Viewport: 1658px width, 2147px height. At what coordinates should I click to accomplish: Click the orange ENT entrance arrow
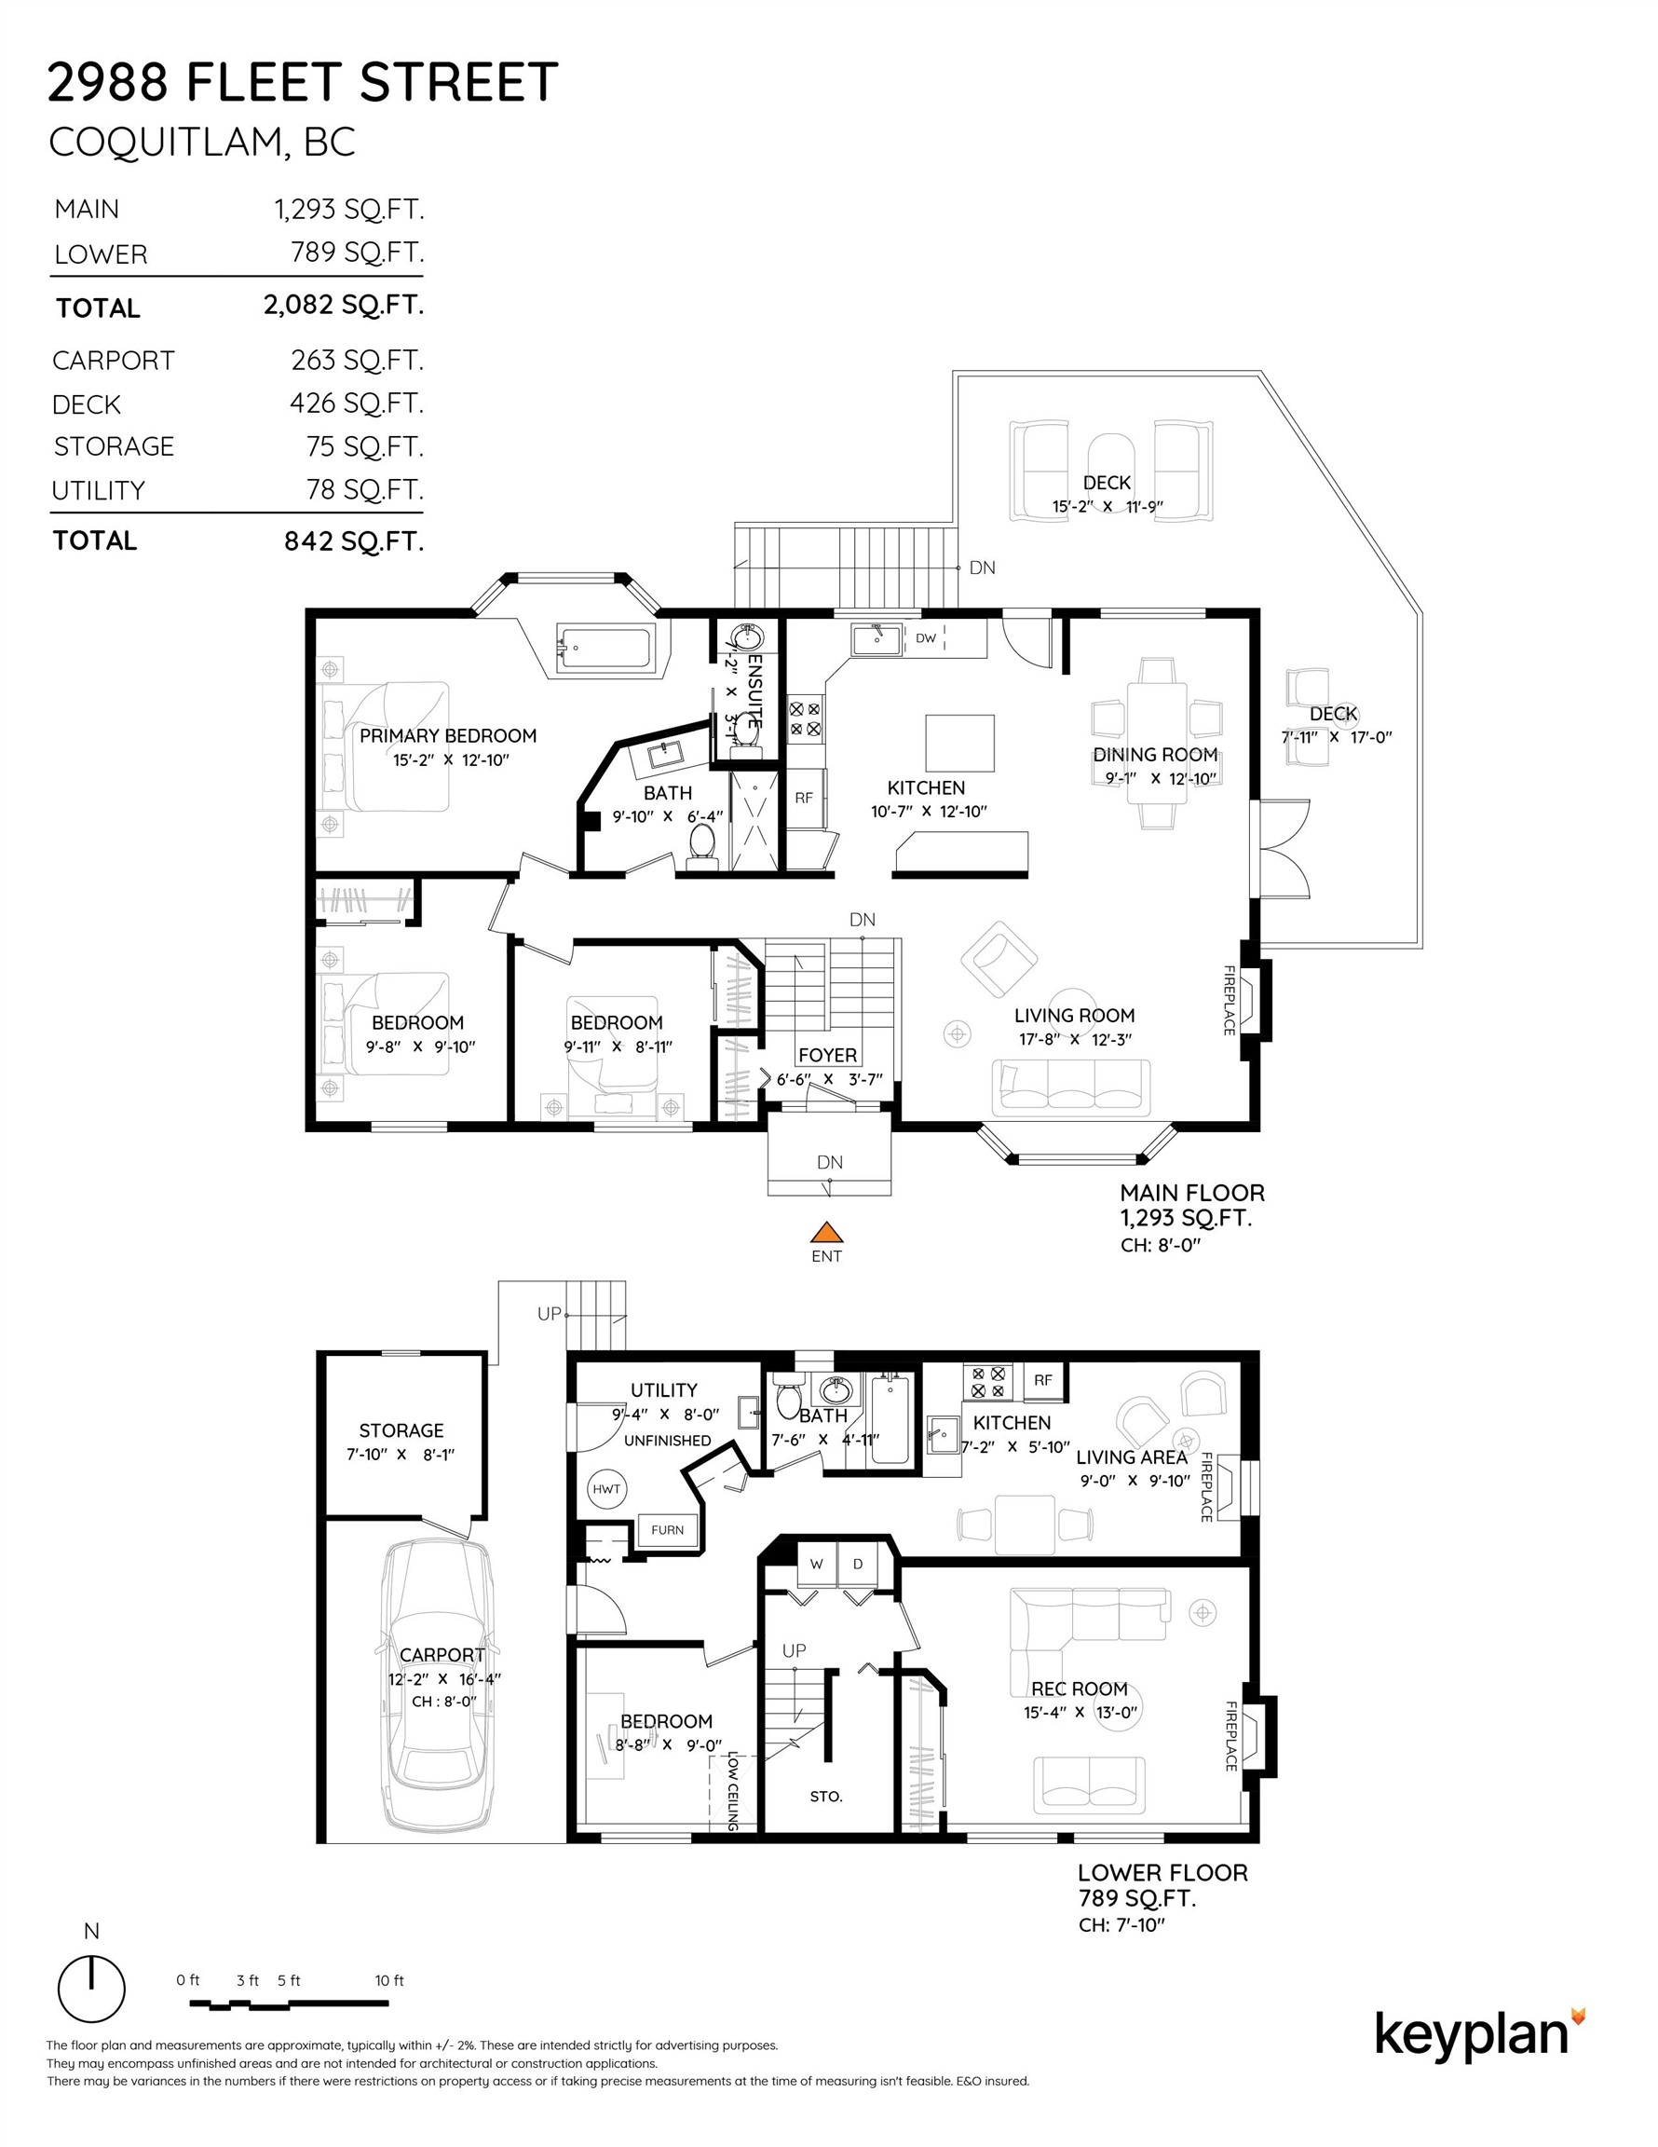[x=826, y=1233]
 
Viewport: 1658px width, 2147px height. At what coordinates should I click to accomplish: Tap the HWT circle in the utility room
[x=606, y=1488]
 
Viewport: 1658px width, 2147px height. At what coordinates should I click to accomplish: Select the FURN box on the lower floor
[x=667, y=1529]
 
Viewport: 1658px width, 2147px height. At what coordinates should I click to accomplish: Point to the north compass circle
[x=91, y=1989]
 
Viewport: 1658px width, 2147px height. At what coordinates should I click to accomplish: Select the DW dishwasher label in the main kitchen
[x=926, y=638]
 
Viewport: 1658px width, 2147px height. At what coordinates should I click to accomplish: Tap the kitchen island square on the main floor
[x=959, y=744]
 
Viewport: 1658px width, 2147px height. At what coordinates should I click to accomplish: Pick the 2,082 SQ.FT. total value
[x=343, y=305]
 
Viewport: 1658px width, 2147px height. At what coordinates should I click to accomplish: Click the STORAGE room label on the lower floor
[x=401, y=1430]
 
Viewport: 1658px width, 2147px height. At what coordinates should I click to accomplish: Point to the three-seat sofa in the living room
[x=1070, y=1087]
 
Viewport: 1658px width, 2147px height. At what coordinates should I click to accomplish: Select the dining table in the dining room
[x=1157, y=744]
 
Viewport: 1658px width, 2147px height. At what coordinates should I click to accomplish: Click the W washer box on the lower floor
[x=816, y=1564]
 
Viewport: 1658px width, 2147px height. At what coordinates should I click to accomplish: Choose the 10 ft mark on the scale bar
[x=389, y=1981]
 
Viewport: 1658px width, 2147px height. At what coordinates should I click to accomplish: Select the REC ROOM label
[x=1078, y=1689]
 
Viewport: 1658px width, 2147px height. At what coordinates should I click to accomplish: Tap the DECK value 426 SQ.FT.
[x=356, y=403]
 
